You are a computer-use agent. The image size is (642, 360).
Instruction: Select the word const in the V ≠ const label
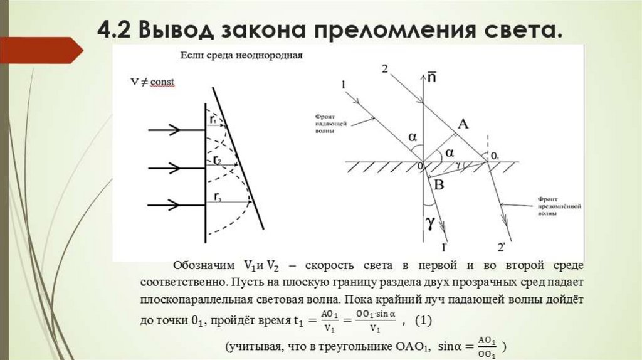[x=162, y=82]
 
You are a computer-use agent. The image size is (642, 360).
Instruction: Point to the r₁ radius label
[x=213, y=119]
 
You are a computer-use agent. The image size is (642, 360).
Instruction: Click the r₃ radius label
[x=218, y=198]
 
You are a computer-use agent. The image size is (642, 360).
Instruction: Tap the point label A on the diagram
[x=463, y=124]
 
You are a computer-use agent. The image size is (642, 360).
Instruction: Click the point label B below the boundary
[x=438, y=184]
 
